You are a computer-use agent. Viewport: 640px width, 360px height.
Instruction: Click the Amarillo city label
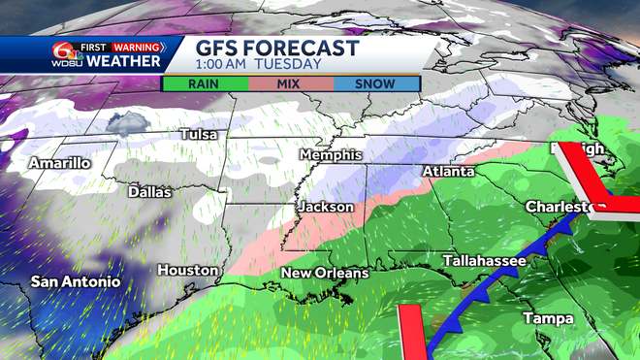[x=59, y=163]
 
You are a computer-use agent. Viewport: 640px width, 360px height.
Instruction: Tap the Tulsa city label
[x=199, y=134]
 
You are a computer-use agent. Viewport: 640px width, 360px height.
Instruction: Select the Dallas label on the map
[x=149, y=192]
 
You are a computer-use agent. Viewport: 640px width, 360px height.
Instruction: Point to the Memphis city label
[x=331, y=155]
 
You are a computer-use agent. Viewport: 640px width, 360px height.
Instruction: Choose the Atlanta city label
[x=448, y=172]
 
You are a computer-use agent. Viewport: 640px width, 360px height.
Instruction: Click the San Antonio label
[x=76, y=281]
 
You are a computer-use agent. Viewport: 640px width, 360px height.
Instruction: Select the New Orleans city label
[x=325, y=274]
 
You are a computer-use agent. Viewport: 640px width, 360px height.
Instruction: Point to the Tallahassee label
[x=484, y=261]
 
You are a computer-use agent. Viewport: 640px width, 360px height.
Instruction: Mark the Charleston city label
[x=565, y=208]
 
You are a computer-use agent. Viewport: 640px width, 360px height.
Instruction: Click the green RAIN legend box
[x=204, y=83]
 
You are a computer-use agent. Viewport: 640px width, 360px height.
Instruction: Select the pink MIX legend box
[x=290, y=83]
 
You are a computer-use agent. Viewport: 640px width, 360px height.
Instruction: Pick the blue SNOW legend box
[x=375, y=83]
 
